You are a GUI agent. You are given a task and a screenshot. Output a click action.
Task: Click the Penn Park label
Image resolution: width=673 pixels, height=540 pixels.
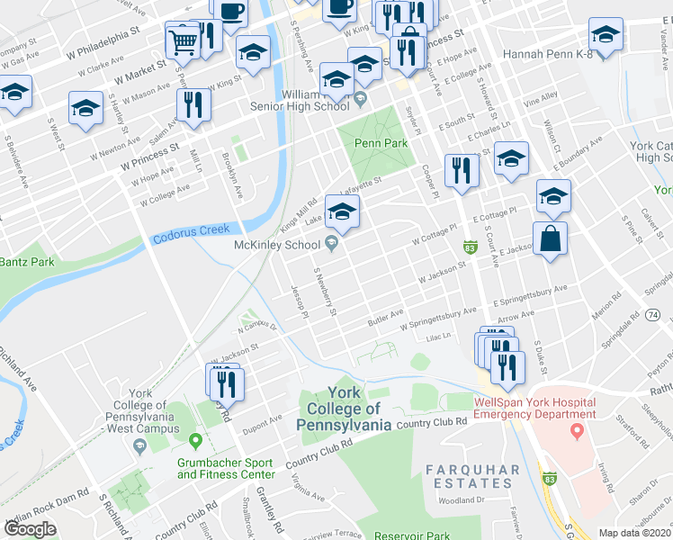[381, 143]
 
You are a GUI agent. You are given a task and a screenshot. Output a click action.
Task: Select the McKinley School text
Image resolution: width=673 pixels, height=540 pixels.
[277, 245]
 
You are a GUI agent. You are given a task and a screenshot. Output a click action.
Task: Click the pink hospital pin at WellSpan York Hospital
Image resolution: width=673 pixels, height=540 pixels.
[575, 432]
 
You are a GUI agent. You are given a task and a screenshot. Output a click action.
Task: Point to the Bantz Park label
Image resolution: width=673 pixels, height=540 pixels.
[27, 262]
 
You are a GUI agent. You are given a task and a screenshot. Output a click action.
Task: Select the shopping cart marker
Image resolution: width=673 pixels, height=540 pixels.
[183, 40]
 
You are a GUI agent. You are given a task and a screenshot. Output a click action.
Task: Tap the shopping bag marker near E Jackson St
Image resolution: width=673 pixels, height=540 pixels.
[550, 238]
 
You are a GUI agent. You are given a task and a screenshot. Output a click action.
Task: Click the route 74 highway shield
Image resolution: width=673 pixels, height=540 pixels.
[654, 313]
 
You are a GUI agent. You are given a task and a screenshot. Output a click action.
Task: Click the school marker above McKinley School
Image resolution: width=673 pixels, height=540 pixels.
[342, 212]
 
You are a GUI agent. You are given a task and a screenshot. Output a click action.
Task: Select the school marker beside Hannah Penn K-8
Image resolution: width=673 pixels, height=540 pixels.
[606, 36]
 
